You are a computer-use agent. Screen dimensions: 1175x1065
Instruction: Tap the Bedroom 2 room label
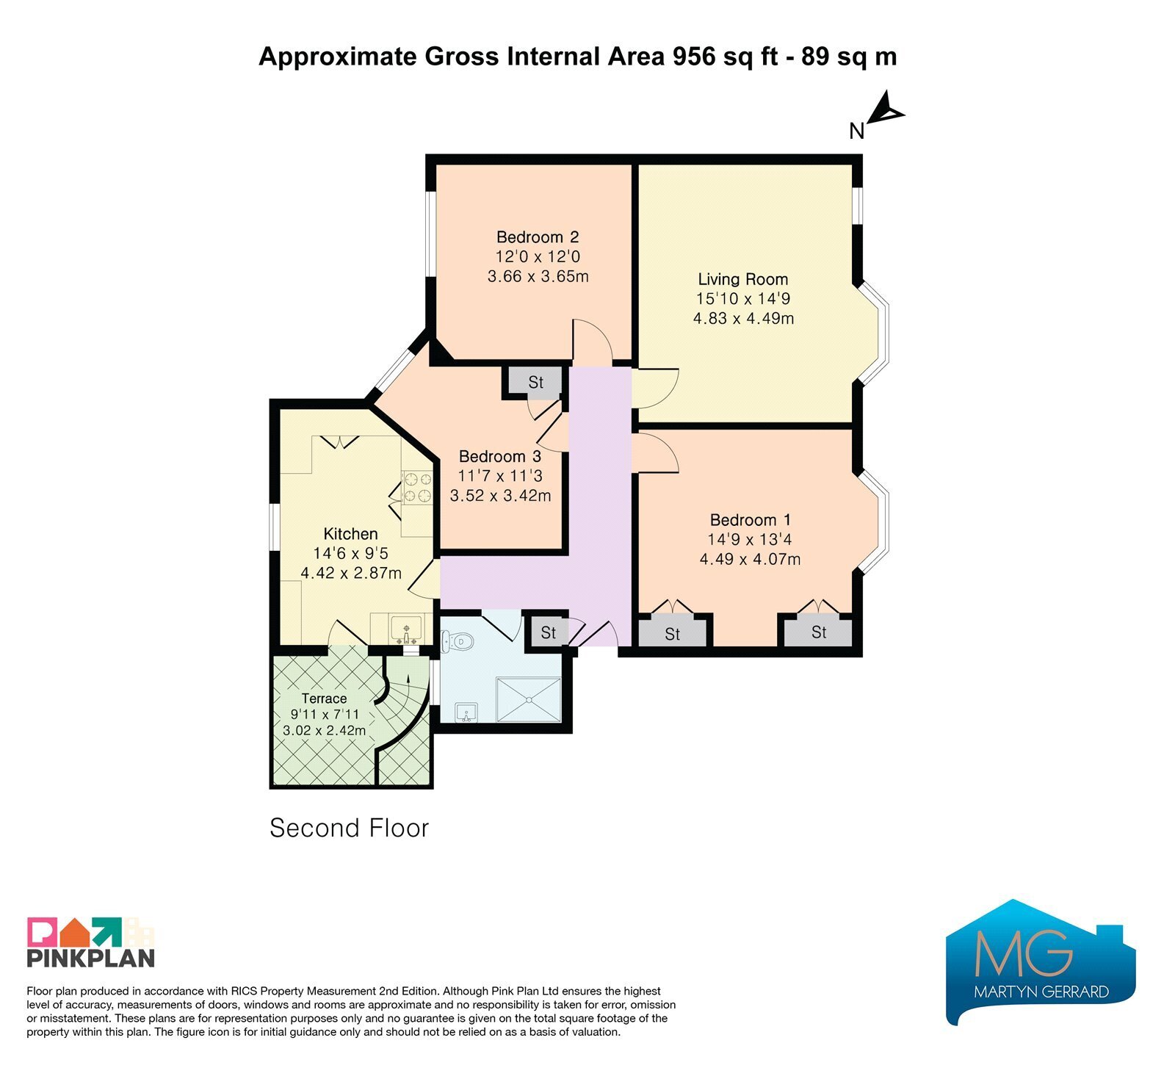click(538, 237)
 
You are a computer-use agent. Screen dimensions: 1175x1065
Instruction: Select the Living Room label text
click(742, 279)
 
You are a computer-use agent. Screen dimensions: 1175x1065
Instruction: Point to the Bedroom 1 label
click(750, 520)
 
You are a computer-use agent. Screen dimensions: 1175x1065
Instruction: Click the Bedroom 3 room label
click(500, 456)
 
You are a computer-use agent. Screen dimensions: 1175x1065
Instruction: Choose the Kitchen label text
click(350, 534)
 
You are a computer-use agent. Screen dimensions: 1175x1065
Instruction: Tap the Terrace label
click(324, 698)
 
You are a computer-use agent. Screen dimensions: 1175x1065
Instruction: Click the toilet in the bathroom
click(457, 641)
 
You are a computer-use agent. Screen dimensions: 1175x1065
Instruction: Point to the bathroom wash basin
click(466, 712)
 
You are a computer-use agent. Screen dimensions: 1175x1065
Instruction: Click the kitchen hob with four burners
click(416, 487)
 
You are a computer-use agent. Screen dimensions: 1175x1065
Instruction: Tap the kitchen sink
click(406, 629)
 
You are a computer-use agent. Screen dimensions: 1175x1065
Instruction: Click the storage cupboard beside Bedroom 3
click(535, 382)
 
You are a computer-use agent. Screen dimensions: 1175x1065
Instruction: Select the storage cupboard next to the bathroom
click(548, 632)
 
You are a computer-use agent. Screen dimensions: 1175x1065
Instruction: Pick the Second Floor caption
click(349, 828)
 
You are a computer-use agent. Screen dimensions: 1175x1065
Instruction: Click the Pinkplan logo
click(91, 942)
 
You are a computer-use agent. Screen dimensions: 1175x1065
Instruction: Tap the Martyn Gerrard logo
click(1041, 961)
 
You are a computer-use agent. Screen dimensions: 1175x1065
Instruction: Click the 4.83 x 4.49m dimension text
click(743, 318)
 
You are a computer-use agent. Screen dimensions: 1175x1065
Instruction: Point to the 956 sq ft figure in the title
click(726, 57)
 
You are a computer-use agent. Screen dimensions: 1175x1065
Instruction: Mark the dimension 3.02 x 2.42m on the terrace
click(324, 731)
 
